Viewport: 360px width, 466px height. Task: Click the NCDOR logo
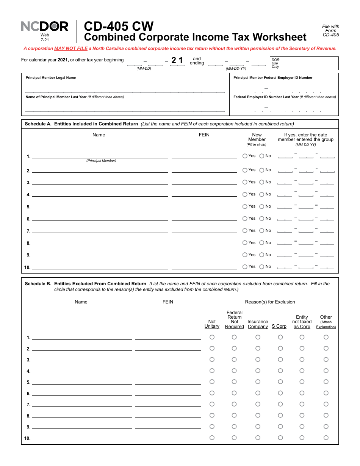click(x=44, y=26)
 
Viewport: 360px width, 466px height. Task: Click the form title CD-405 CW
click(x=119, y=26)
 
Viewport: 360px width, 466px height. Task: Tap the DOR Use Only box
click(x=304, y=63)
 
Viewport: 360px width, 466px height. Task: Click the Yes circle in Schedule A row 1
click(x=245, y=156)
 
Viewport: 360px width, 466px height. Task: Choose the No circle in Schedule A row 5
click(x=262, y=206)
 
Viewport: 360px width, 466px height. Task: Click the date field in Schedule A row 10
click(x=306, y=266)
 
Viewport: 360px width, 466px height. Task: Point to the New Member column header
click(x=257, y=137)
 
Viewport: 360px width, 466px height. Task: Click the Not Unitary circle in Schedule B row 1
click(x=212, y=337)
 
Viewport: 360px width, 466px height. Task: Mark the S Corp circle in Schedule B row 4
click(x=280, y=371)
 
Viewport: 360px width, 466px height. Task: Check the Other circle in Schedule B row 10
click(x=326, y=438)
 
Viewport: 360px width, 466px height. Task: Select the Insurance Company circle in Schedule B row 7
click(x=258, y=404)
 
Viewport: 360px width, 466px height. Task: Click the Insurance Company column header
click(x=258, y=324)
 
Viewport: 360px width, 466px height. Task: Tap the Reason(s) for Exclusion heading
click(x=270, y=302)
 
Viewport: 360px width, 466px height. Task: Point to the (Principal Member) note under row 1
click(x=101, y=161)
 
